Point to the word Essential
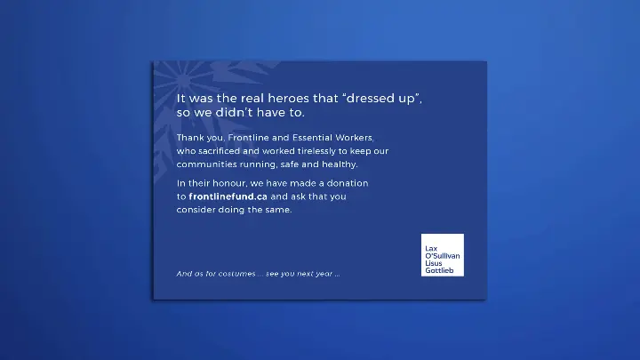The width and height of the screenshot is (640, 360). coord(314,139)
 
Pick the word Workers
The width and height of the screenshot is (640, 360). coord(357,139)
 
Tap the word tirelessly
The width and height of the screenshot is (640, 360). coord(326,152)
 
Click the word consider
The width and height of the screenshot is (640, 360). coord(196,210)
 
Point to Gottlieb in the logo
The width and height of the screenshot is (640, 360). coord(439,270)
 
